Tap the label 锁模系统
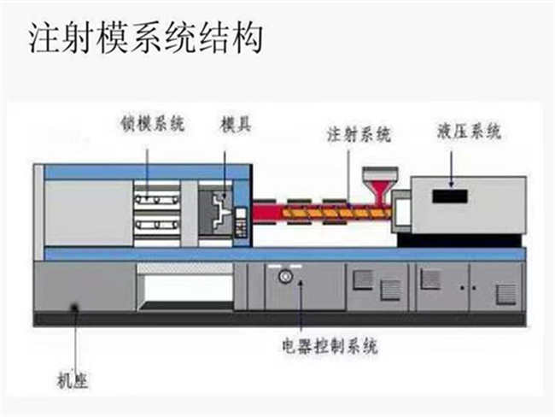153,125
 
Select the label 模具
235,125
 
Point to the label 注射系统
359,134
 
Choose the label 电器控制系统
329,347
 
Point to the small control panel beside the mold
242,220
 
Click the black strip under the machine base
277,319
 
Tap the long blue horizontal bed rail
282,254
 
